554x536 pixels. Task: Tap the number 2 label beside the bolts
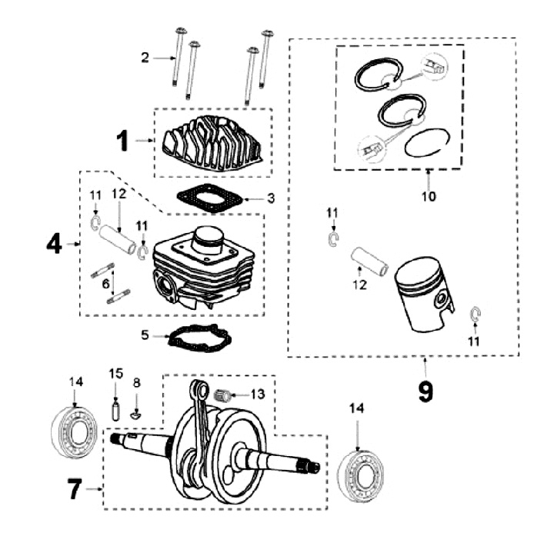coord(145,57)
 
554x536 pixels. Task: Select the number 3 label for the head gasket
coord(271,198)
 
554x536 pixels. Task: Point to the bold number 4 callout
coord(53,245)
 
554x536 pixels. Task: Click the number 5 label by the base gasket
coord(145,335)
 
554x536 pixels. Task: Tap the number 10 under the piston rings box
coord(429,196)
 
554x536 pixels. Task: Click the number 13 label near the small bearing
coord(257,394)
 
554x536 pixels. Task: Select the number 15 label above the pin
coord(116,374)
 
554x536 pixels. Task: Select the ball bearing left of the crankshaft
coord(75,435)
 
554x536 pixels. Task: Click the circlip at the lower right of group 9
coord(475,315)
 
